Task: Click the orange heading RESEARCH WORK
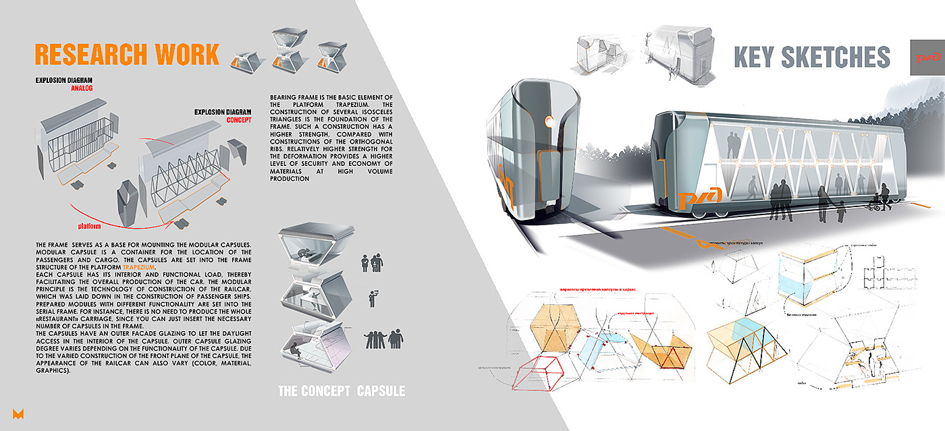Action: tap(126, 54)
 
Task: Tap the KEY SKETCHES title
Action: tap(811, 57)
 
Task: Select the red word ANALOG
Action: tap(81, 88)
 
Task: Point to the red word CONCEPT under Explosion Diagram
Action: tap(239, 120)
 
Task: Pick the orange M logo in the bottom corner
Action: tap(18, 413)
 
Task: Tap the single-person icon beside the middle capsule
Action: tap(371, 297)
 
